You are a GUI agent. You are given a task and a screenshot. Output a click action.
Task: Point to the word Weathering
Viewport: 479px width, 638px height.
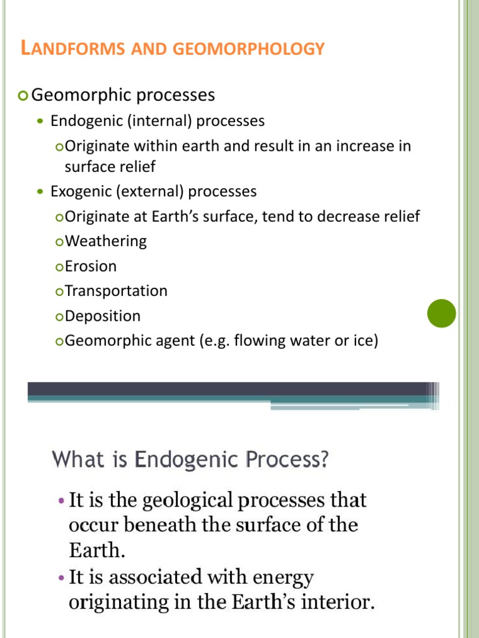click(105, 241)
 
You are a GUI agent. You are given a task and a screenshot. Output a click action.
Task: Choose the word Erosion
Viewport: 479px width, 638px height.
click(90, 266)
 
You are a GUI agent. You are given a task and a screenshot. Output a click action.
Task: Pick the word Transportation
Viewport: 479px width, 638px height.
click(116, 291)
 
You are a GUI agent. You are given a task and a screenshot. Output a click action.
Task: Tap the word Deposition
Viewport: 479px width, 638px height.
click(102, 316)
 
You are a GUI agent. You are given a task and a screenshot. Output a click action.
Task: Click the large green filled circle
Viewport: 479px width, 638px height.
click(442, 313)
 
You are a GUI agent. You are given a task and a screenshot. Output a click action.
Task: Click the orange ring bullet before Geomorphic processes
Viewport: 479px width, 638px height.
click(24, 95)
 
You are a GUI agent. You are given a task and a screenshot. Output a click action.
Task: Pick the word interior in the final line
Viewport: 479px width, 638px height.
click(337, 603)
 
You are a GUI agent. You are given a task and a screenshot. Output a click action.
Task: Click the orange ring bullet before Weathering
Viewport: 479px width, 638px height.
click(59, 242)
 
